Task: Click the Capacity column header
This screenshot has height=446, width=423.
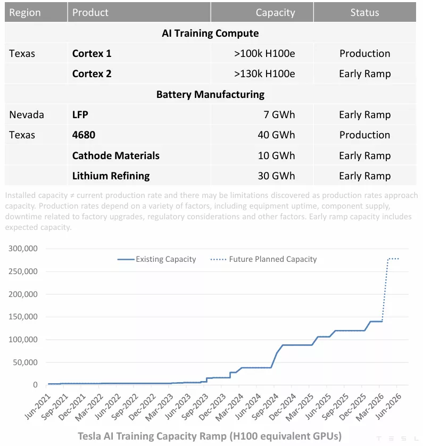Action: pyautogui.click(x=275, y=12)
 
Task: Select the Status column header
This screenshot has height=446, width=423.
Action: pyautogui.click(x=364, y=12)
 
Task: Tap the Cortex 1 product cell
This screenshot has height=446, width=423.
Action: pyautogui.click(x=92, y=53)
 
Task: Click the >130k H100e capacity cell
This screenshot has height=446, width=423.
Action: pyautogui.click(x=264, y=74)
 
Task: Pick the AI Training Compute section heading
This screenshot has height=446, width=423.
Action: pyautogui.click(x=210, y=33)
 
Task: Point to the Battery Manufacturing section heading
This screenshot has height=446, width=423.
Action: pyautogui.click(x=210, y=94)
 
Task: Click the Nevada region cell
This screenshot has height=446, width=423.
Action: pyautogui.click(x=27, y=114)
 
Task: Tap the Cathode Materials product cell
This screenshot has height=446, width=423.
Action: pyautogui.click(x=116, y=155)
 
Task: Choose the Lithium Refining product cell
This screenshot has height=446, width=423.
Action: pyautogui.click(x=111, y=176)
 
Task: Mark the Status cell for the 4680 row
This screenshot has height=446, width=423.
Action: pyautogui.click(x=364, y=135)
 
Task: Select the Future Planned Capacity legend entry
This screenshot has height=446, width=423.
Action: pyautogui.click(x=272, y=259)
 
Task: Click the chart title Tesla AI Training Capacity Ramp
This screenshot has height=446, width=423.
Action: pyautogui.click(x=210, y=436)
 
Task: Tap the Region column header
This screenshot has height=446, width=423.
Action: pyautogui.click(x=25, y=12)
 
